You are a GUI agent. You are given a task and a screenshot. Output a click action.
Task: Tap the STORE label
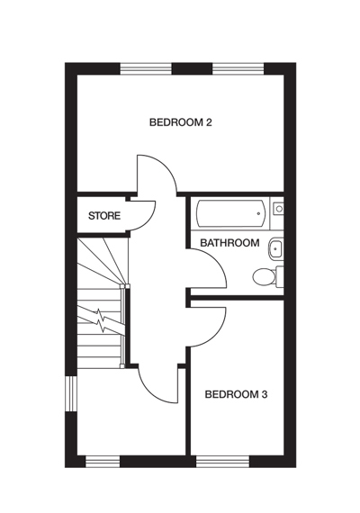pos(103,216)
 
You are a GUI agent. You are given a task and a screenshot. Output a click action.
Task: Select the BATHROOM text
pos(229,243)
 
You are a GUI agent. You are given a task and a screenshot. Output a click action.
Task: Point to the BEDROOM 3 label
pos(236,393)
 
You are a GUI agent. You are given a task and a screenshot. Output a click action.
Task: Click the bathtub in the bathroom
pos(230,214)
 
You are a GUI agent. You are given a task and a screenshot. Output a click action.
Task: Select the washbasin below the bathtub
pos(276,247)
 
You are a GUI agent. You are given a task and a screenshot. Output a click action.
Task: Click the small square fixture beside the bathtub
pos(278,209)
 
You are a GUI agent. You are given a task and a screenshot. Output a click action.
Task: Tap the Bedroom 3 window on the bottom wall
pos(221,461)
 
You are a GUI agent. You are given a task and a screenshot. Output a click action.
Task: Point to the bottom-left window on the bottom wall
pos(103,461)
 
